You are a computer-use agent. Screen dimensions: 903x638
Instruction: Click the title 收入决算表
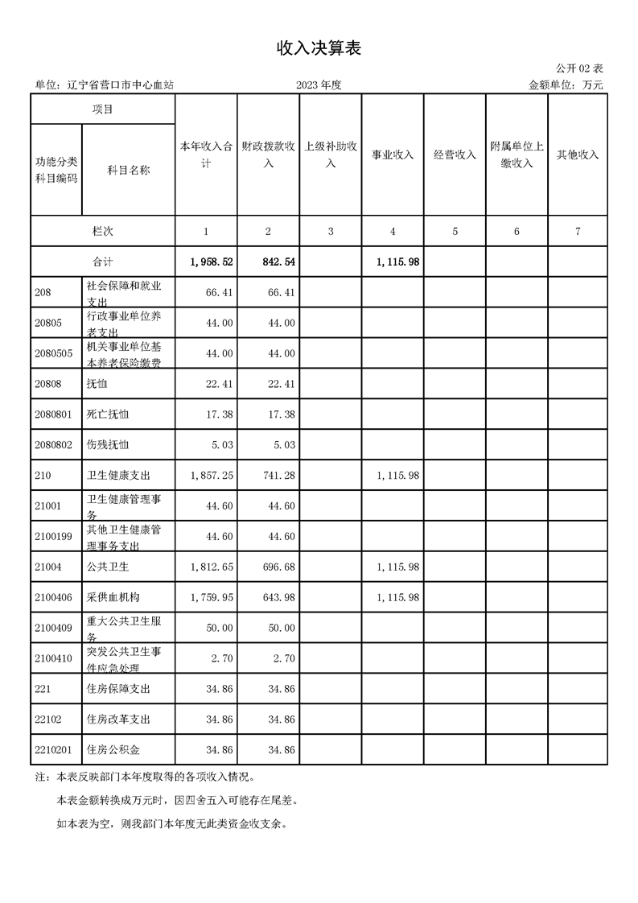click(319, 49)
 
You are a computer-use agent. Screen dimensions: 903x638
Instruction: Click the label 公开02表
click(579, 69)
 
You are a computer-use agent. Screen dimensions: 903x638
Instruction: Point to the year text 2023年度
click(319, 85)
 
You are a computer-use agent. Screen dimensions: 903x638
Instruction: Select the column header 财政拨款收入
click(268, 155)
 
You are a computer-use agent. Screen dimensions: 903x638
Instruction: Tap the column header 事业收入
click(393, 155)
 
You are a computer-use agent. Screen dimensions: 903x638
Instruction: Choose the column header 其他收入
click(578, 155)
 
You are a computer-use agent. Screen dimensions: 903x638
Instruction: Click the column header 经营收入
click(455, 155)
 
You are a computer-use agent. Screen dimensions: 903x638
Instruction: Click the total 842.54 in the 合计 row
click(278, 262)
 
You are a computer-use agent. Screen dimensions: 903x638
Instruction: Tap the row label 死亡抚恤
click(107, 414)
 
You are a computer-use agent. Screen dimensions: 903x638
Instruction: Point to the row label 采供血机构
click(113, 597)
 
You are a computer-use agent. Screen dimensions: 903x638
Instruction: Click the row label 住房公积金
click(113, 749)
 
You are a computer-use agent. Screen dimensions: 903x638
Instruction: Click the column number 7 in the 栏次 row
click(578, 232)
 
